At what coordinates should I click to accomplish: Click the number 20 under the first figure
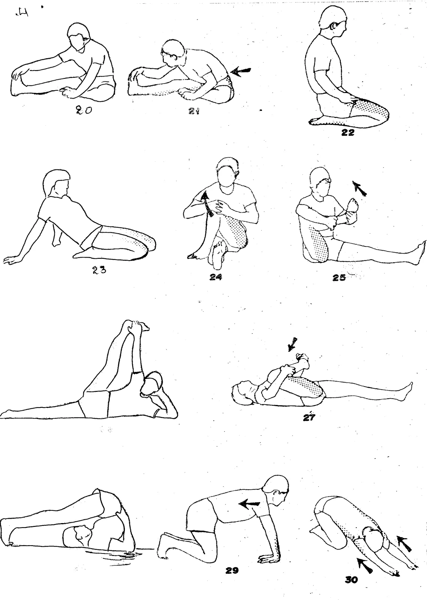84,110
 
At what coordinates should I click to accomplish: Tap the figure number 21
194,111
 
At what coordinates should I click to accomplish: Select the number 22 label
348,132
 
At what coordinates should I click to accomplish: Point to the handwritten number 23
99,270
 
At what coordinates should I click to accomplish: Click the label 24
216,277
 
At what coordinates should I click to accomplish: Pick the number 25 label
339,277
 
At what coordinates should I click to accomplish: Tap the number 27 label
309,417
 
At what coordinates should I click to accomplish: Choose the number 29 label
232,570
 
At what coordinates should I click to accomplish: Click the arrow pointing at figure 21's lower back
241,71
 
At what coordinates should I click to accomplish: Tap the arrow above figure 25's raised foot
359,188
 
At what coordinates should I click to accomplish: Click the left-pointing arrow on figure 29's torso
249,504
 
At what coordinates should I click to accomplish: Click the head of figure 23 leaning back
57,183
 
